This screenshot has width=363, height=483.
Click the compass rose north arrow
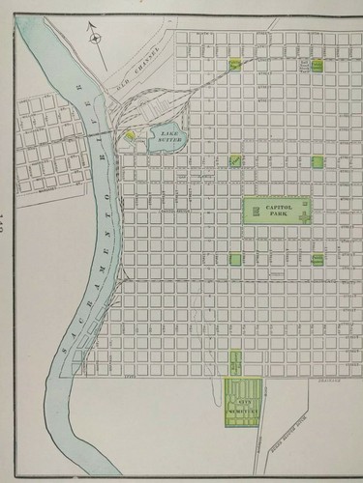tap(95, 38)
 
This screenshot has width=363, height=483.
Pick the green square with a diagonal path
tap(234, 160)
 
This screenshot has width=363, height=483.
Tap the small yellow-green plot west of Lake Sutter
tap(129, 136)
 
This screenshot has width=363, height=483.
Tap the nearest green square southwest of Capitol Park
tap(234, 258)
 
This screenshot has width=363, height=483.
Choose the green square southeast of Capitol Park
tap(317, 259)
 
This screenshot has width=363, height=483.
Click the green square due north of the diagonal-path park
tap(234, 66)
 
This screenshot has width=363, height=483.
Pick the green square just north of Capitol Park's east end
tap(317, 162)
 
